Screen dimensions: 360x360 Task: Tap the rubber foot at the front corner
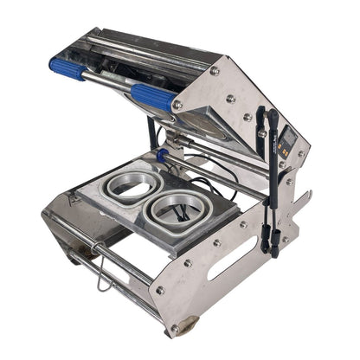pos(183,328)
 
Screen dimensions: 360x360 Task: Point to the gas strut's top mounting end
pos(273,116)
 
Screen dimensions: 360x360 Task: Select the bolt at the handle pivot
pos(177,105)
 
